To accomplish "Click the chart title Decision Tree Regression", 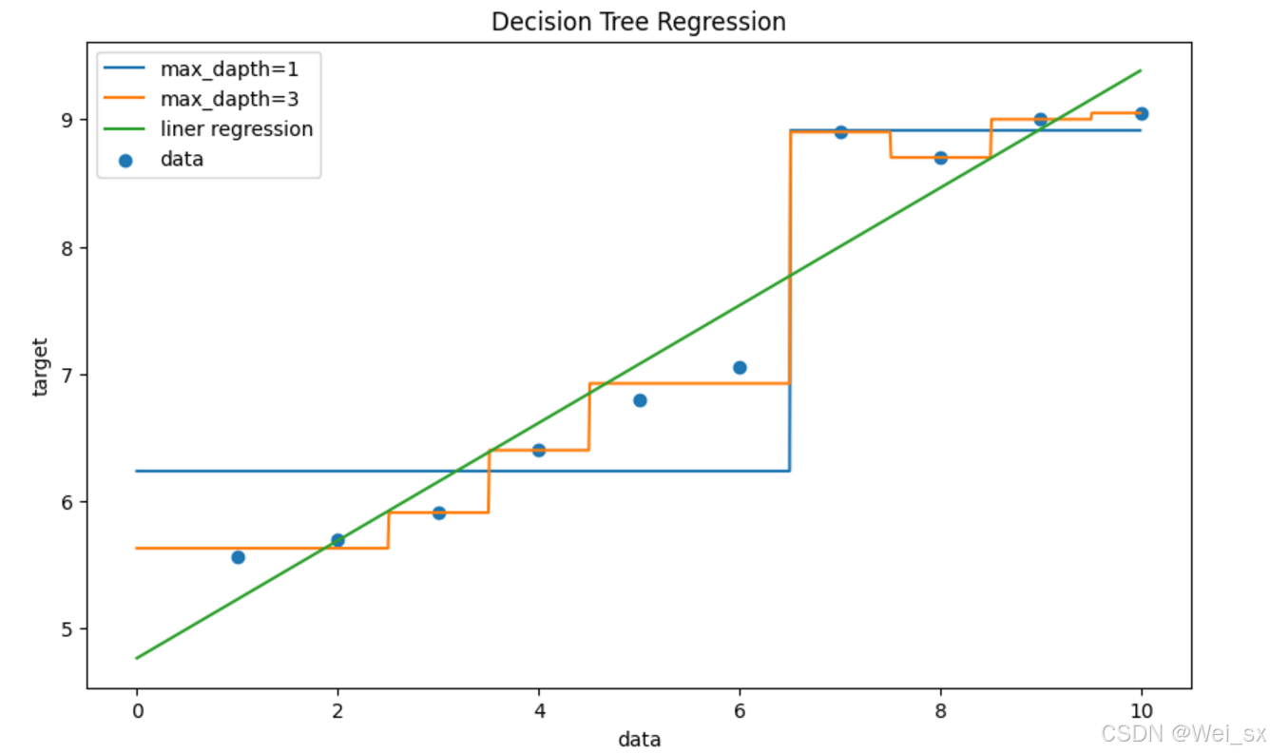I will click(638, 22).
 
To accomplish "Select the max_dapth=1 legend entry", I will click(228, 69).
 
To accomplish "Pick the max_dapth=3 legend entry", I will click(228, 99).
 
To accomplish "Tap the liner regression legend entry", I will click(237, 128).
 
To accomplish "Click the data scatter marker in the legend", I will click(125, 160).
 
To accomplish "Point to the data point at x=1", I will click(238, 557).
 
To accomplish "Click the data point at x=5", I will click(640, 400).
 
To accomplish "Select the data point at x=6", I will click(740, 367).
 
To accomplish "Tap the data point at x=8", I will click(940, 158).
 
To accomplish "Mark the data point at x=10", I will click(1141, 113).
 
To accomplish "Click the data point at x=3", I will click(438, 512).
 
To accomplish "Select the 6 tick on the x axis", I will click(740, 710).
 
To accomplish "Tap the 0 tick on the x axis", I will click(137, 710).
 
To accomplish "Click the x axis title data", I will click(638, 739).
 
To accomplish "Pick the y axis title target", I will click(39, 367).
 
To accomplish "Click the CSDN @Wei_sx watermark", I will click(1183, 733).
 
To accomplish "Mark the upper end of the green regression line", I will click(1140, 70).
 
